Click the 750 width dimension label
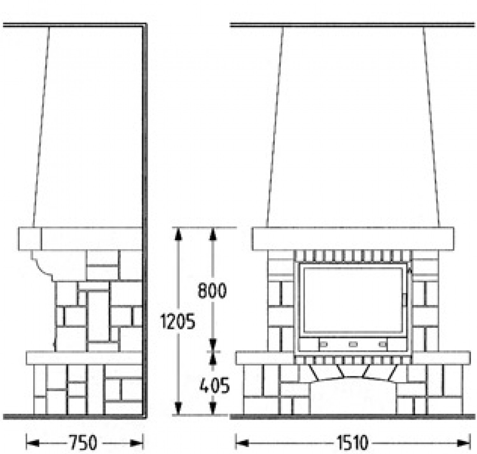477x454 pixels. [83, 443]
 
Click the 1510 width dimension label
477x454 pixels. [352, 443]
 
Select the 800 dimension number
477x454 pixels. [212, 290]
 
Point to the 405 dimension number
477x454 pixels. [214, 386]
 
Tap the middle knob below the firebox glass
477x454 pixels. [353, 344]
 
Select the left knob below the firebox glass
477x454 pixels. [323, 344]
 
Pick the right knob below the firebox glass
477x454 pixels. [383, 344]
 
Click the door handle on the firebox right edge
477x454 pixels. [404, 299]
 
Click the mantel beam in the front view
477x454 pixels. [353, 239]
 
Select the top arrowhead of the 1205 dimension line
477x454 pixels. [178, 234]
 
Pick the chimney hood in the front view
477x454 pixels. [353, 127]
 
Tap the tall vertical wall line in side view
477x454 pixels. [145, 220]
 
